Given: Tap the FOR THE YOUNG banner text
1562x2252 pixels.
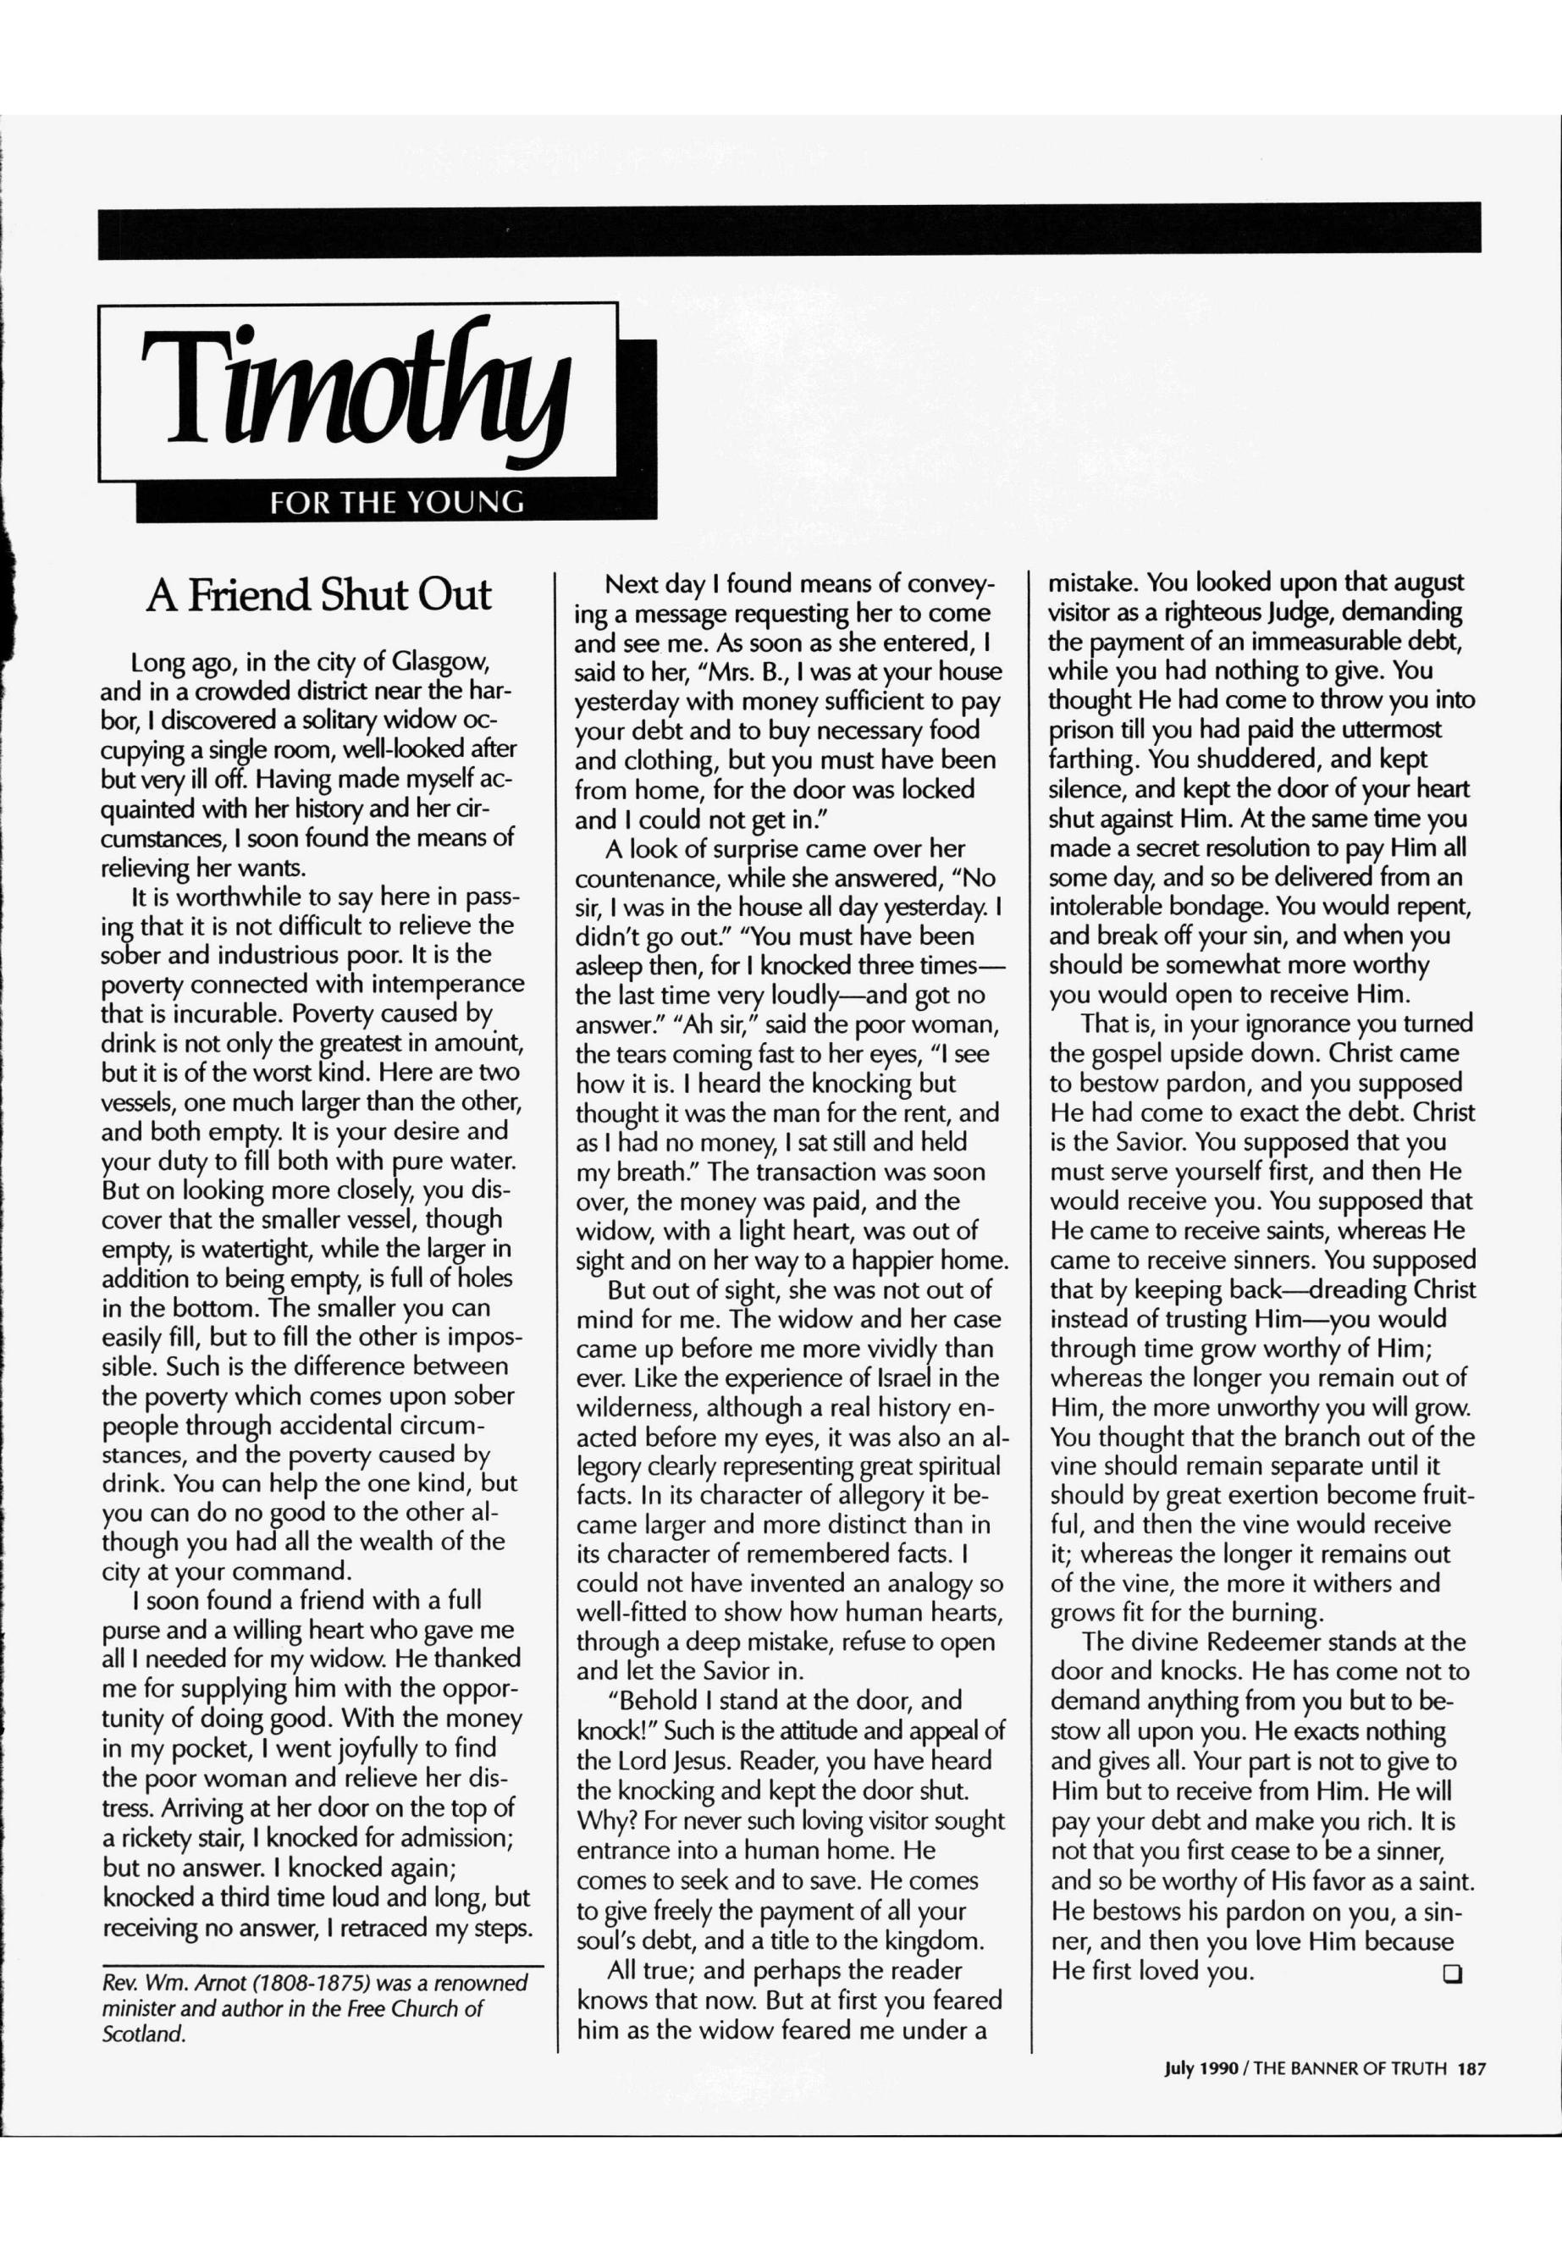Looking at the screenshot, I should click(396, 503).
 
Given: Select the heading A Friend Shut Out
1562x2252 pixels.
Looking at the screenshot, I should click(318, 595).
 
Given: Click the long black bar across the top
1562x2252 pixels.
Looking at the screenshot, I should click(789, 228).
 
